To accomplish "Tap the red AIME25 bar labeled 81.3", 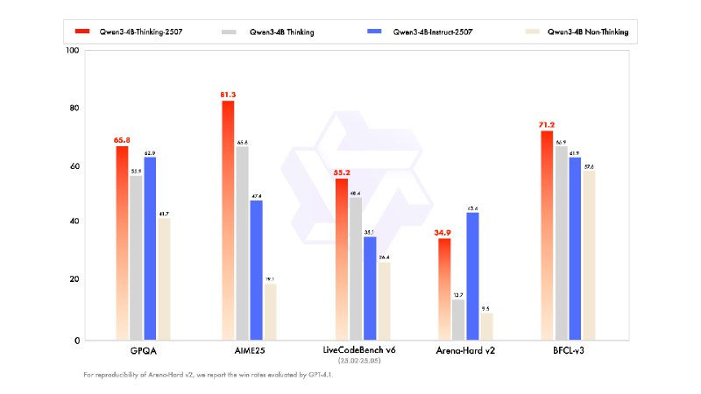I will [228, 220].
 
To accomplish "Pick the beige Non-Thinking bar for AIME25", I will [270, 312].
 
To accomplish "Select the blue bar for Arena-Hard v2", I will [473, 276].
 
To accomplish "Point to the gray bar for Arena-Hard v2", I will [458, 320].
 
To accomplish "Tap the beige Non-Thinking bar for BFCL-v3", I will [589, 255].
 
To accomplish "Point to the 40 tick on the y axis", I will [74, 222].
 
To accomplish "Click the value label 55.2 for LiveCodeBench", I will [341, 172].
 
